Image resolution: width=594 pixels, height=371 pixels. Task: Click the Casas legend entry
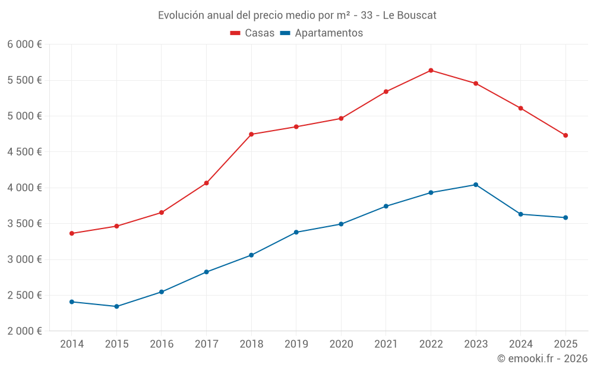pos(252,33)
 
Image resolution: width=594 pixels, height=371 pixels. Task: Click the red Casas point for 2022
pos(431,71)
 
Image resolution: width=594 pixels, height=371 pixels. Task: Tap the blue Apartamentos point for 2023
pos(476,185)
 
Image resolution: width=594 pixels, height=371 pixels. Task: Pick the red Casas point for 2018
pos(251,134)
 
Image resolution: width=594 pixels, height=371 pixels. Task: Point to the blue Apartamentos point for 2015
pos(116,306)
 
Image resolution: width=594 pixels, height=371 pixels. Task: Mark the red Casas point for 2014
pos(71,233)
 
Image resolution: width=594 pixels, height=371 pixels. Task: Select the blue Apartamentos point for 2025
pos(565,217)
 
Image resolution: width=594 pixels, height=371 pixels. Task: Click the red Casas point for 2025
pos(565,135)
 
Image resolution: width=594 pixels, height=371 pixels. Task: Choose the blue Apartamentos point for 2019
pos(296,232)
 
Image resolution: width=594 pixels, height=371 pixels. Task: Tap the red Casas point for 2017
pos(206,183)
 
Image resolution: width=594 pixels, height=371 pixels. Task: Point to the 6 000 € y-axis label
pos(24,45)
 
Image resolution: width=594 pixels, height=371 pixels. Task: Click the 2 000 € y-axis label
pos(24,331)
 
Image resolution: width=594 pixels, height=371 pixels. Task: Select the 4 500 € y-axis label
pos(24,152)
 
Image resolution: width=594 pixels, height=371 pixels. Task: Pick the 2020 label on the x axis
pos(341,344)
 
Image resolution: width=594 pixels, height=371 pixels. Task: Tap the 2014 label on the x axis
pos(71,344)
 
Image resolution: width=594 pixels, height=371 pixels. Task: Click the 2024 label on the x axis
pos(521,344)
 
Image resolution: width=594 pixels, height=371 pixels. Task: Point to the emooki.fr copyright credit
pos(542,359)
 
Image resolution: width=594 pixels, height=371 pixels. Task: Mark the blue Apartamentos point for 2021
pos(386,206)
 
